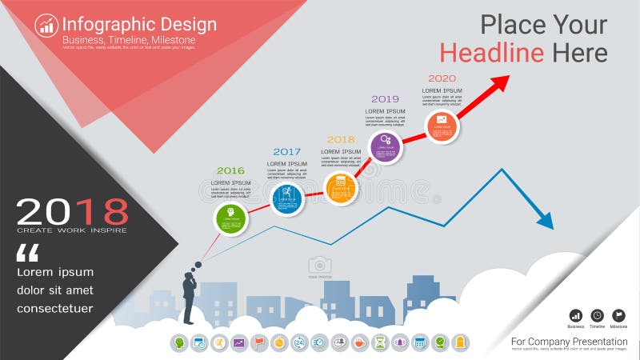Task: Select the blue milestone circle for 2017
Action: pos(287,198)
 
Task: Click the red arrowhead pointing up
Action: pos(501,82)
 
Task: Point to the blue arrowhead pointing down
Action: pos(545,219)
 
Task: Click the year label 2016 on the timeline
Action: pos(230,170)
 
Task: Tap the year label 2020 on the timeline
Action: pos(442,78)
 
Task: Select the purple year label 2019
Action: pos(385,99)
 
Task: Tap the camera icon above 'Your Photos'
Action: pos(320,265)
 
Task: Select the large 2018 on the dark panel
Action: pos(72,211)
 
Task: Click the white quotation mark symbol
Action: pos(27,254)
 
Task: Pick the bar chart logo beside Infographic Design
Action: pos(46,26)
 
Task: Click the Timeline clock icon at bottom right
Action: pos(597,315)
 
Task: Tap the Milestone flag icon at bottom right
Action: pos(618,315)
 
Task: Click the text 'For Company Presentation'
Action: pos(570,342)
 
